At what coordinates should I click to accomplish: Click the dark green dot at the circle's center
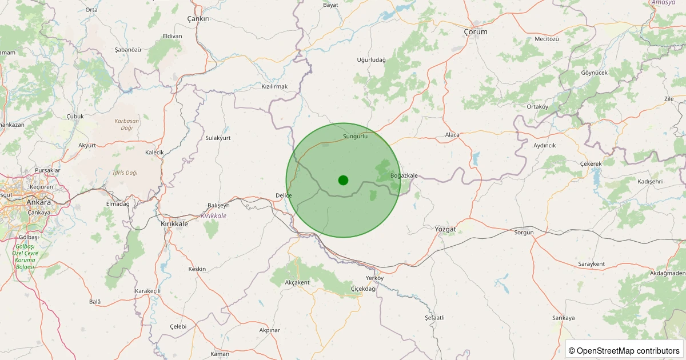coord(343,180)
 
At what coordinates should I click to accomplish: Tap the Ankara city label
coord(38,202)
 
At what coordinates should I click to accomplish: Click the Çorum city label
coord(476,32)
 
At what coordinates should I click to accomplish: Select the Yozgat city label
coord(445,229)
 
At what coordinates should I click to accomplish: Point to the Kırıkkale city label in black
coord(174,224)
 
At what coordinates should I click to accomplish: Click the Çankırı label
coord(199,19)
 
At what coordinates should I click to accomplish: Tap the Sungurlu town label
coord(355,137)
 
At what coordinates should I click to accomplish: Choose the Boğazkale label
coord(404,175)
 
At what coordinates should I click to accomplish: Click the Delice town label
coord(284,195)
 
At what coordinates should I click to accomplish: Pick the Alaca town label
coord(452,135)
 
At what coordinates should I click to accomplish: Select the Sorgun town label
coord(524,233)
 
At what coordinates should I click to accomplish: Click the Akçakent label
coord(297,282)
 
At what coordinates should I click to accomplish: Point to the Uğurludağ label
coord(371,60)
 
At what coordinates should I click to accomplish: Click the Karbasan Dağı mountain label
coord(127,124)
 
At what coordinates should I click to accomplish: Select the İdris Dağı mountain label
coord(125,173)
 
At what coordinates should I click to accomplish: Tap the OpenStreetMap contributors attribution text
coord(625,350)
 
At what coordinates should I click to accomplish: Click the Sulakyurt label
coord(218,138)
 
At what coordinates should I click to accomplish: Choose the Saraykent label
coord(591,264)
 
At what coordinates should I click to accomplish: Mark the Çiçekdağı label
coord(364,289)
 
